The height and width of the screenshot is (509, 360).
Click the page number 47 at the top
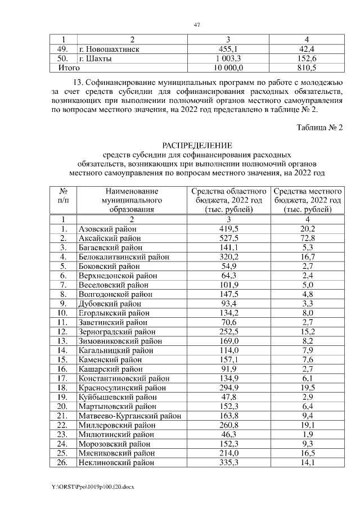tap(197, 25)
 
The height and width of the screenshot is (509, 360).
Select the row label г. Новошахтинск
tap(110, 49)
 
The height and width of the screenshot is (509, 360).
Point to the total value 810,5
tap(306, 67)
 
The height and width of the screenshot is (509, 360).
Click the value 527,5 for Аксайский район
tap(228, 238)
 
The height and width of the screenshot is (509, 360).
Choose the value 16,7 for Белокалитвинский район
tap(306, 256)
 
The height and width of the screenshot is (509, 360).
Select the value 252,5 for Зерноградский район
tap(228, 331)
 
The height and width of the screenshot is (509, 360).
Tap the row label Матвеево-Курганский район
tap(129, 416)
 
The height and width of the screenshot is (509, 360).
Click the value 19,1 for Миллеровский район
tap(306, 425)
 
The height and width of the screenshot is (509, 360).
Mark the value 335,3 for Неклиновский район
tap(228, 462)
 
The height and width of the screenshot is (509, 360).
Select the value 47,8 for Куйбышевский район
tap(228, 397)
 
